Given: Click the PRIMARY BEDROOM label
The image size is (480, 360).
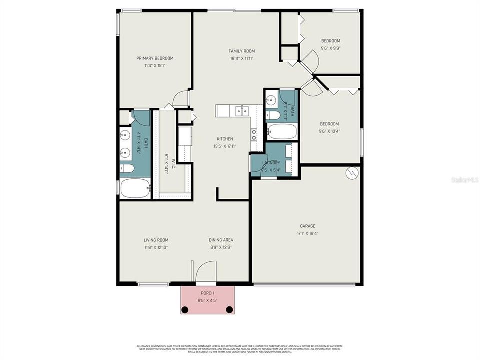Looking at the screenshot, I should click(x=155, y=58).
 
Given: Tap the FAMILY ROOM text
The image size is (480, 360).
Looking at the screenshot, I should click(x=242, y=51).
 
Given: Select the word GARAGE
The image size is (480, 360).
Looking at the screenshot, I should click(x=307, y=226).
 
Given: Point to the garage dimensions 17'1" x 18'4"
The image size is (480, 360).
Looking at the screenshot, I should click(x=307, y=233).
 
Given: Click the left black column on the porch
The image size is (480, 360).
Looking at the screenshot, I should click(x=185, y=310).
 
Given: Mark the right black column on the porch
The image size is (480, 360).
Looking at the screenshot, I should click(x=229, y=310).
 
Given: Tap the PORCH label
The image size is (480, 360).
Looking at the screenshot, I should click(x=207, y=294).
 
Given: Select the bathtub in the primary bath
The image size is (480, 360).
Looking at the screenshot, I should click(x=135, y=188).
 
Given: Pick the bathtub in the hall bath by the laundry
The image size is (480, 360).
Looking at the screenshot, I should click(x=282, y=132).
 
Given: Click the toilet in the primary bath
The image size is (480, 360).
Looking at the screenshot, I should click(x=127, y=168).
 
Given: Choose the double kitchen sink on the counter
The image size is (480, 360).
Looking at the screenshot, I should click(x=242, y=110).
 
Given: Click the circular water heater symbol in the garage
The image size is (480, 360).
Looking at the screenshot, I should click(x=352, y=173).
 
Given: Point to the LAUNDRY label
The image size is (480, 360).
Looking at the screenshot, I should click(x=271, y=163).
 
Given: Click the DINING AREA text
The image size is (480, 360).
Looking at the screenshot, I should click(x=221, y=240).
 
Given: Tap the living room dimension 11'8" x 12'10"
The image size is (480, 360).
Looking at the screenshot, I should click(x=156, y=247).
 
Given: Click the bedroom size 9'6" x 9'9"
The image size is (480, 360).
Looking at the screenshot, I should click(x=330, y=48).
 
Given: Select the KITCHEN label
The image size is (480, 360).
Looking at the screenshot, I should click(x=224, y=139).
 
